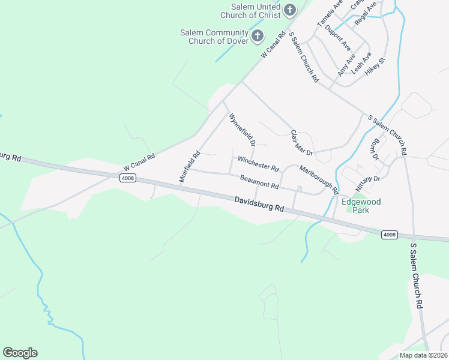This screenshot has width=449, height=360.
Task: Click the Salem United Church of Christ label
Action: click(251, 11)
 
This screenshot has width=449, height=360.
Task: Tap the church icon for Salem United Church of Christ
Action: click(290, 10)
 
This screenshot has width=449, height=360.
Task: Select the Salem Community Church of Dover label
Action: click(214, 37)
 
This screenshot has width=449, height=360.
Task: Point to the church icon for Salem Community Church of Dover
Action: click(257, 36)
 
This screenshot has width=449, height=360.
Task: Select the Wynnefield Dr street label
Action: click(243, 131)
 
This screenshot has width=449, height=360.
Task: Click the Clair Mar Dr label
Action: click(302, 144)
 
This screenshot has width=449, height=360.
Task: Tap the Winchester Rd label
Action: click(258, 163)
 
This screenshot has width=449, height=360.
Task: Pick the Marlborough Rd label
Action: click(319, 179)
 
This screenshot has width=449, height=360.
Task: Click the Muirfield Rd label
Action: click(189, 166)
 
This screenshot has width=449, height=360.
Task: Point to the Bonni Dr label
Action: click(376, 148)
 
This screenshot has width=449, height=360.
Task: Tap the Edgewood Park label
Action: click(361, 206)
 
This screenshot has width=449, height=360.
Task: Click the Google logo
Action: click(20, 353)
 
